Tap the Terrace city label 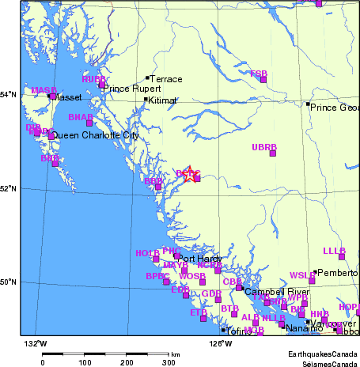pyautogui.click(x=166, y=79)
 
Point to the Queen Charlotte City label pyautogui.click(x=95, y=136)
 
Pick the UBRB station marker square pyautogui.click(x=273, y=153)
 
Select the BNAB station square pyautogui.click(x=89, y=123)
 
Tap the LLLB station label pyautogui.click(x=335, y=251)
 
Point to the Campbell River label pyautogui.click(x=276, y=292)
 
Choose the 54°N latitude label pyautogui.click(x=9, y=95)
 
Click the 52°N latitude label pyautogui.click(x=9, y=188)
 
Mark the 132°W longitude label pyautogui.click(x=36, y=343)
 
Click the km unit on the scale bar pyautogui.click(x=175, y=355)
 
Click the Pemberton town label pyautogui.click(x=338, y=273)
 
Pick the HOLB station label pyautogui.click(x=147, y=252)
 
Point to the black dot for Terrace pyautogui.click(x=147, y=78)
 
